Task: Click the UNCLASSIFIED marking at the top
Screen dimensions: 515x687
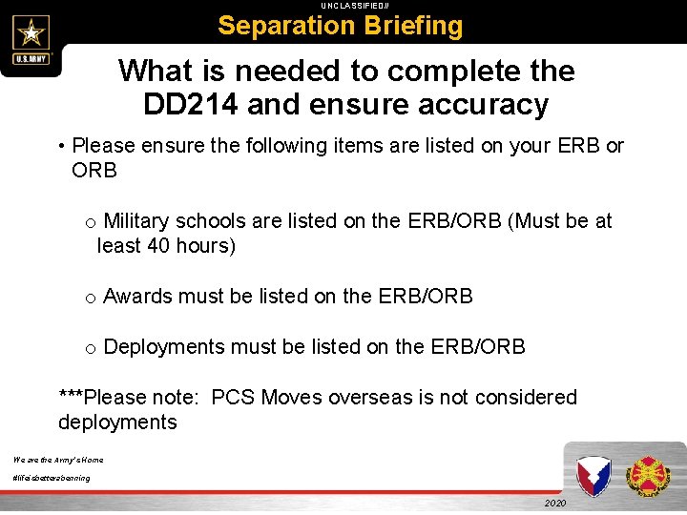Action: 343,6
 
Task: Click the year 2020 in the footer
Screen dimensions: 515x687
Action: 555,503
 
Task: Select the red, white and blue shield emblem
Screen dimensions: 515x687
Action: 593,475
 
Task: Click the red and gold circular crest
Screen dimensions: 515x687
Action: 649,475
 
